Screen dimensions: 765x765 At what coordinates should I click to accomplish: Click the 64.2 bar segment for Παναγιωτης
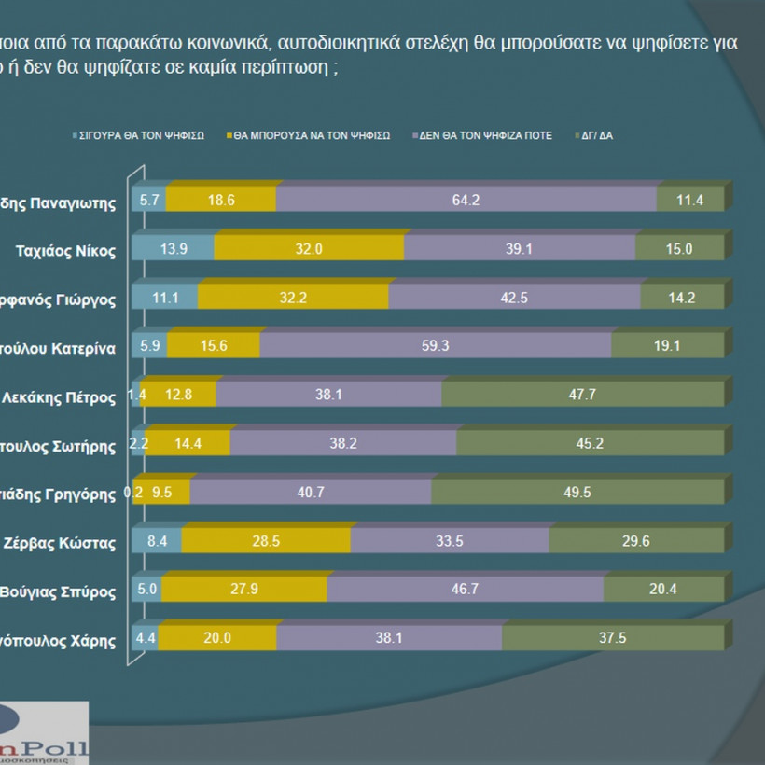tap(466, 200)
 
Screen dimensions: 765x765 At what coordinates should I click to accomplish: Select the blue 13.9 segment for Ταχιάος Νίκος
tap(173, 248)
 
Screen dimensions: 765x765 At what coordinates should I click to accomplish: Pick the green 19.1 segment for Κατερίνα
tap(667, 346)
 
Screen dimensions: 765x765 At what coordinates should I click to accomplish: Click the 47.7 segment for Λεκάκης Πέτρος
tap(583, 395)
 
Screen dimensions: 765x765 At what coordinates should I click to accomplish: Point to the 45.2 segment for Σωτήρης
tap(590, 444)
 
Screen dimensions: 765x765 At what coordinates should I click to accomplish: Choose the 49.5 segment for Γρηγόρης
tap(577, 493)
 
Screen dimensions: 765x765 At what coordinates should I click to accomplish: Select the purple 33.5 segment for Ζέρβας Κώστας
tap(450, 541)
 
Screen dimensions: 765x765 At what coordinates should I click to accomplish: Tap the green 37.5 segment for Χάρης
tap(613, 639)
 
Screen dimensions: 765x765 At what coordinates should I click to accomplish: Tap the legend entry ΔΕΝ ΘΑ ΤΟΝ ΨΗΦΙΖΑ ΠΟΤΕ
tap(486, 135)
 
